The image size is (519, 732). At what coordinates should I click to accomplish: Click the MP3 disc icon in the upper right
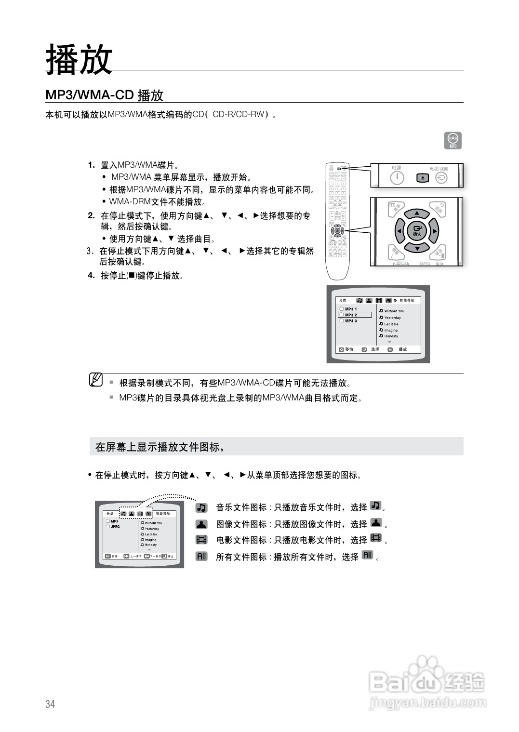[452, 140]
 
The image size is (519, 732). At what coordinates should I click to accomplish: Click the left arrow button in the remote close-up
[399, 231]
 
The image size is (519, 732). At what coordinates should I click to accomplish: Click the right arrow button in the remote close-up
[434, 231]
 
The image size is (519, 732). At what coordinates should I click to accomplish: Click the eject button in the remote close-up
[423, 178]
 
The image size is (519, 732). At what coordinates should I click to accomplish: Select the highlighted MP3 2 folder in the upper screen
[355, 315]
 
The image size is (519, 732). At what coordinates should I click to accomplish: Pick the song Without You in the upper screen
[394, 311]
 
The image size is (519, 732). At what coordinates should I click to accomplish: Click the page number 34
[50, 704]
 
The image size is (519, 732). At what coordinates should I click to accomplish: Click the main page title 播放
[79, 60]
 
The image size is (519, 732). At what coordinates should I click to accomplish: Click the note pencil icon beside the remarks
[96, 380]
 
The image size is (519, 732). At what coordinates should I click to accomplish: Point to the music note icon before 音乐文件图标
[201, 507]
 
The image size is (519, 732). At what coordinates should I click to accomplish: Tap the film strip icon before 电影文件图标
[201, 540]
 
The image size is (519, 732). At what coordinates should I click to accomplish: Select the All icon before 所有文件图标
[201, 556]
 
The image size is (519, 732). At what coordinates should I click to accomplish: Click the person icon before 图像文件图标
[201, 524]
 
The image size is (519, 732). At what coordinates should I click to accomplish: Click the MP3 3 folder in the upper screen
[350, 321]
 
